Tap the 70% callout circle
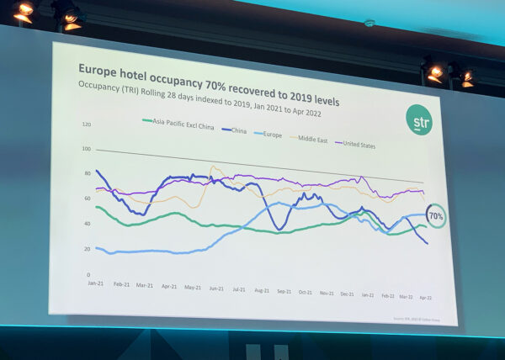(437, 216)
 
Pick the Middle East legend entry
(311, 138)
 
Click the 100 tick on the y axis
(86, 149)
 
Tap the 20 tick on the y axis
(87, 250)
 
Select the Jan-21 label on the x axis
(95, 283)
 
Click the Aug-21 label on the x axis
(262, 290)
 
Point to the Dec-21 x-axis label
(346, 294)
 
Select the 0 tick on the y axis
(88, 275)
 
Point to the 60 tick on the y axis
(86, 199)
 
